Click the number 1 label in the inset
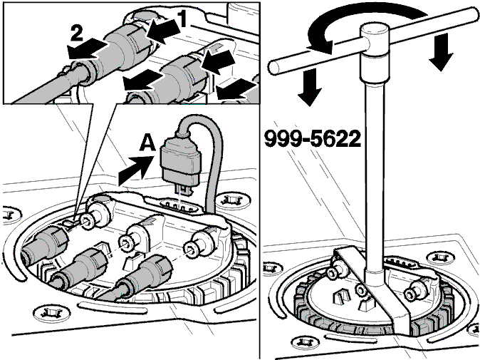coord(182,19)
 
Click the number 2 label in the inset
coord(77,34)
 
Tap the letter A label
coord(147,143)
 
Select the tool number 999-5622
coord(313,138)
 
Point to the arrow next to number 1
coord(162,32)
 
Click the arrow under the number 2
coord(88,50)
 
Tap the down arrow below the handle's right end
coord(441,52)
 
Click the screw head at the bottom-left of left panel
coord(52,313)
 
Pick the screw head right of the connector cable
coord(234,200)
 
